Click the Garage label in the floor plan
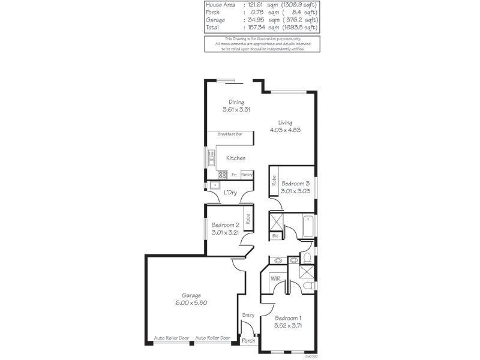[192, 295]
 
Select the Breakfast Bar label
[230, 135]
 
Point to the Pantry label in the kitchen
[246, 175]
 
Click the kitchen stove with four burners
[222, 175]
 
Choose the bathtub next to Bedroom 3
[308, 226]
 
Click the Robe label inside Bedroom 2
[247, 218]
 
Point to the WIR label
[275, 278]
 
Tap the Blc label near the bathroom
[275, 236]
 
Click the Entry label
[248, 315]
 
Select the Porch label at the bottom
[248, 340]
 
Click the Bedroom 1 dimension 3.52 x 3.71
[288, 326]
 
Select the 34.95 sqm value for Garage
[255, 20]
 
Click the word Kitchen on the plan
[235, 158]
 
